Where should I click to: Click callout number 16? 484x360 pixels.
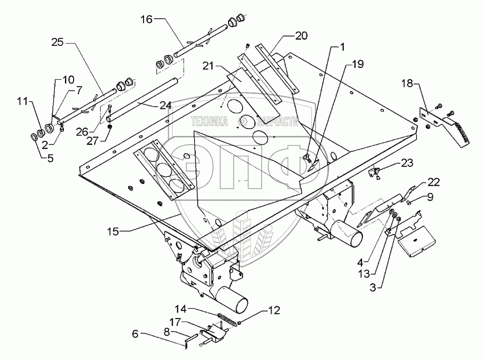147,19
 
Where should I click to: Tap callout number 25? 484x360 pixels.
58,42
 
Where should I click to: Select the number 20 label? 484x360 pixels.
301,36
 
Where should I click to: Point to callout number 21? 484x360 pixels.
208,66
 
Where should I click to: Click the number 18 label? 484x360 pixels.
407,83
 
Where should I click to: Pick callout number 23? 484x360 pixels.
407,163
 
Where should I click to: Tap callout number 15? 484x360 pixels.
113,231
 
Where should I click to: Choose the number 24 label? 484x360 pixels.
166,106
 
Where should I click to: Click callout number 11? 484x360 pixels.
23,101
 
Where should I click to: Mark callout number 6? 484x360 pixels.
135,334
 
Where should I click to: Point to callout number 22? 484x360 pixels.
433,182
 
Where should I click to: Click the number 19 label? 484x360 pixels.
358,64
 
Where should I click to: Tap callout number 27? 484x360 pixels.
92,141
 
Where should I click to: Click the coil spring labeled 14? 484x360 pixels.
229,318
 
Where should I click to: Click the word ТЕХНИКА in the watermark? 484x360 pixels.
210,122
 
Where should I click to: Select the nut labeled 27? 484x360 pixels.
109,126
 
